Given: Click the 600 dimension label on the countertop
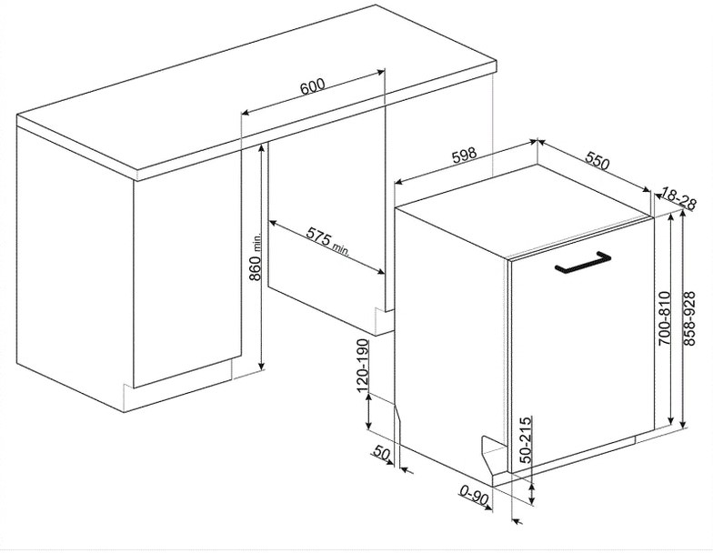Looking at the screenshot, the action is click(x=313, y=85).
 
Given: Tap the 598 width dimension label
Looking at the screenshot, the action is click(x=464, y=155).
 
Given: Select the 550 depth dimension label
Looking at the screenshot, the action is click(x=597, y=160).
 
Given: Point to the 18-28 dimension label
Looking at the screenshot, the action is click(x=678, y=198).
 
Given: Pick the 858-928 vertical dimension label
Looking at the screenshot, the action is click(x=689, y=318).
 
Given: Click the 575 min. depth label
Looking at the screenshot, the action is click(x=327, y=240).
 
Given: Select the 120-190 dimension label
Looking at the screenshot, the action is click(x=362, y=366).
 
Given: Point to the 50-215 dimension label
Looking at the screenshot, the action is click(x=526, y=439).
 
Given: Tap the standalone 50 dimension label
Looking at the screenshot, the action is click(x=382, y=453).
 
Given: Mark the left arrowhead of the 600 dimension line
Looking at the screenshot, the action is click(x=245, y=113).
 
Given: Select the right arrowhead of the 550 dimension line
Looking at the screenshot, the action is click(x=647, y=190).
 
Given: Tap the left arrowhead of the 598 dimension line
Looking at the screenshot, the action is click(x=398, y=182).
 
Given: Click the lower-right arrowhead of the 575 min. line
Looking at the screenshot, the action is click(x=380, y=272).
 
